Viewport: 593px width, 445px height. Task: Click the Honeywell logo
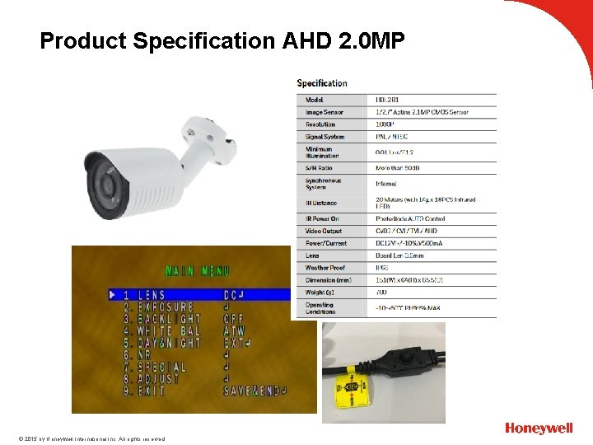coord(539,429)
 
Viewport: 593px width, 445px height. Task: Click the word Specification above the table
coord(322,83)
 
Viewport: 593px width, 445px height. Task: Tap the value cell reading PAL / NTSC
coord(392,137)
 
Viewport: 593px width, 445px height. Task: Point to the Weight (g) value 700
coord(381,293)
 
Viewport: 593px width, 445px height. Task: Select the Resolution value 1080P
coord(385,124)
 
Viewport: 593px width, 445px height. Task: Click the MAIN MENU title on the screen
coord(197,270)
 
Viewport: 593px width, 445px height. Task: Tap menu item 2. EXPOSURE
coord(156,307)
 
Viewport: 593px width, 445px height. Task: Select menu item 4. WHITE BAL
coord(161,330)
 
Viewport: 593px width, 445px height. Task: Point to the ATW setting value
coord(234,330)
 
